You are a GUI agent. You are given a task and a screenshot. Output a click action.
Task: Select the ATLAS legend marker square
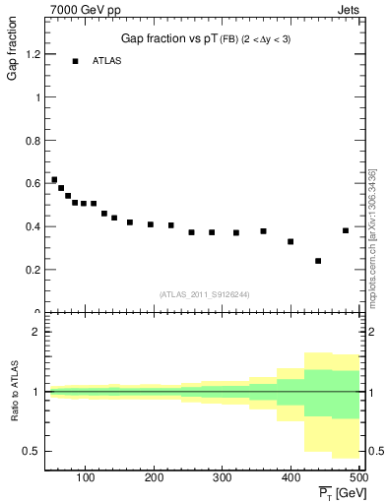click(x=75, y=61)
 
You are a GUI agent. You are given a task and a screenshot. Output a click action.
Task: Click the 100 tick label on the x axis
click(x=85, y=477)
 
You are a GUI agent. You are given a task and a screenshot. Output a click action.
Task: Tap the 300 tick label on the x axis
click(x=222, y=477)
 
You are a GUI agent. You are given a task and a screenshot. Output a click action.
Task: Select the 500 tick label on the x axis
click(x=358, y=477)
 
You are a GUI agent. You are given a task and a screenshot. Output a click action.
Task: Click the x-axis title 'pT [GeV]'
click(x=342, y=492)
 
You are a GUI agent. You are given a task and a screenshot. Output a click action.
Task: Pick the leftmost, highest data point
click(x=54, y=180)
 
